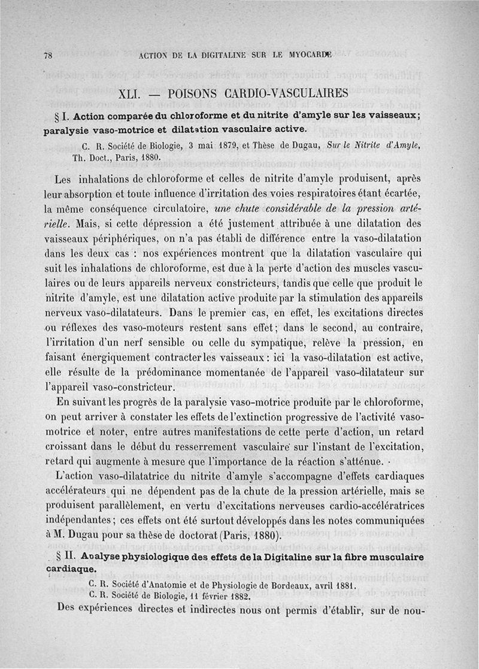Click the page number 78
[48, 55]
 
